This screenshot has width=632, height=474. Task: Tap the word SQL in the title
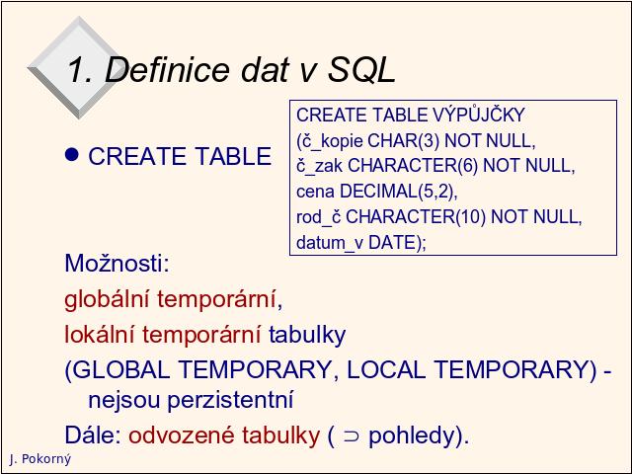coord(361,69)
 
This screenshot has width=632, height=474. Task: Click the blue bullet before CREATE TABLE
coord(72,155)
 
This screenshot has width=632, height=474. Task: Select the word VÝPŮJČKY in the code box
coord(479,115)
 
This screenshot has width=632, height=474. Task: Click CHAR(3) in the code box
coord(404,140)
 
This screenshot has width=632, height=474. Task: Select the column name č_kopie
coord(330,141)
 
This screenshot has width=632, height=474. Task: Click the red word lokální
coord(99,335)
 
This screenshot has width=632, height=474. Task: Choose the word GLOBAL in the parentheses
coord(121,369)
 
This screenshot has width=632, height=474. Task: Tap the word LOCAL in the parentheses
coord(386,369)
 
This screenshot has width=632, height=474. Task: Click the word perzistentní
coord(230,400)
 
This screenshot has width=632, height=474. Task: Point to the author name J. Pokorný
coord(39,459)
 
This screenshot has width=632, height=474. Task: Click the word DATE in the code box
coord(392,243)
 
